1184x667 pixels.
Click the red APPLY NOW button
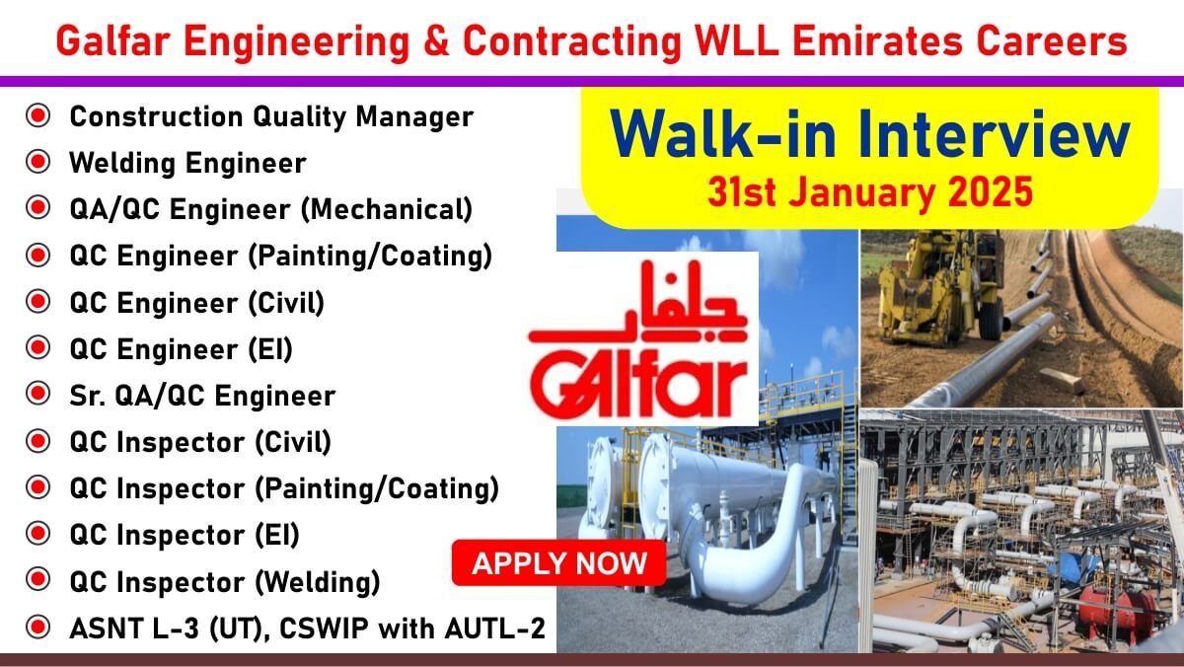(558, 562)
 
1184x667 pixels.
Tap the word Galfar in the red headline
(112, 41)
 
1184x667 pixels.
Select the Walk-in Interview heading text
(870, 134)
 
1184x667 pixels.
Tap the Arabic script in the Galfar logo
(638, 302)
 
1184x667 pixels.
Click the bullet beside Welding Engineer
(38, 162)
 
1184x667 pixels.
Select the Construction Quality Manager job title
(271, 116)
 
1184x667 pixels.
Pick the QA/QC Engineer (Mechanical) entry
(271, 209)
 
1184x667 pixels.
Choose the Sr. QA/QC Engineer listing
(202, 396)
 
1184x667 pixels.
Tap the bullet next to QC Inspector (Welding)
(38, 580)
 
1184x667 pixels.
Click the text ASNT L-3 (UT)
(166, 629)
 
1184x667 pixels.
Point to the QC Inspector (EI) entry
(185, 536)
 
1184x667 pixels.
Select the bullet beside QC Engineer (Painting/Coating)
(38, 255)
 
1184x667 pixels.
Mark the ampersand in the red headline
(436, 41)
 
